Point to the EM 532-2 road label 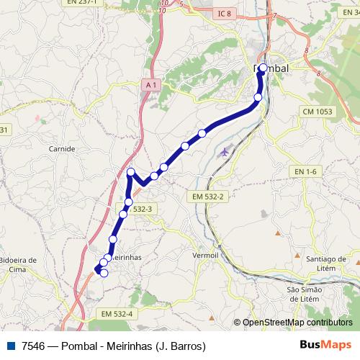[210, 197]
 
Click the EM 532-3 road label [137, 209]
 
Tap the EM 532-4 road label [117, 314]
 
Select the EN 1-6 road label [306, 171]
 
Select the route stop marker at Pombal [263, 68]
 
